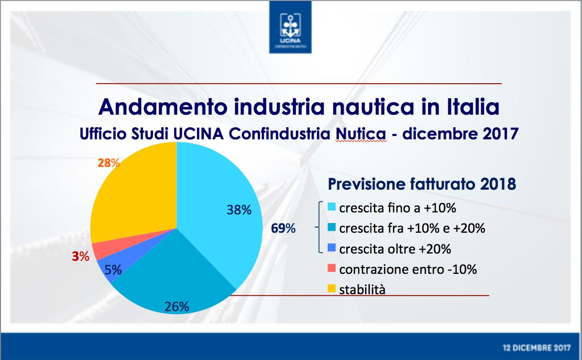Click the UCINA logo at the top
point(290,27)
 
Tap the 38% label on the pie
point(239,210)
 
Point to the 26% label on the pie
point(177,307)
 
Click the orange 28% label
point(108,163)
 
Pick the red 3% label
point(80,256)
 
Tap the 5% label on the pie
point(113,270)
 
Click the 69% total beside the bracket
point(283,228)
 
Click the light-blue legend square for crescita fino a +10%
point(332,207)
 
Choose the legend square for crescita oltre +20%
point(332,248)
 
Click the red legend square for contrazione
point(332,268)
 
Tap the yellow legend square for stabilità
point(332,288)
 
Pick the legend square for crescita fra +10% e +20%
point(332,227)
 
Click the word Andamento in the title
point(163,107)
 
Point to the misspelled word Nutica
point(361,134)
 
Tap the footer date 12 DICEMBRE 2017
point(537,348)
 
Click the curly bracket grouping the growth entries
point(319,227)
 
